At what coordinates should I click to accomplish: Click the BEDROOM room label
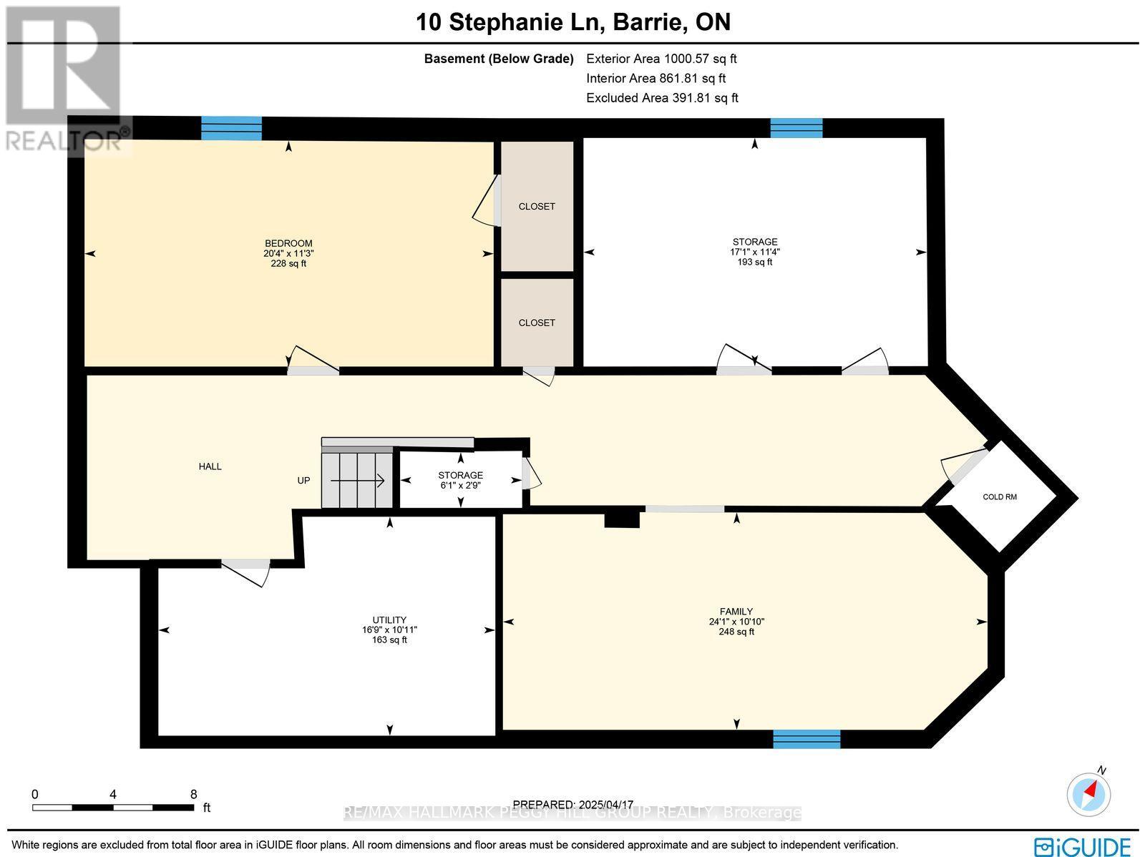[288, 243]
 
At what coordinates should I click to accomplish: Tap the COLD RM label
[999, 497]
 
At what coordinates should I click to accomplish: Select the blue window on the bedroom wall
[231, 128]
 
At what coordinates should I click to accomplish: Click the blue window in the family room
[807, 739]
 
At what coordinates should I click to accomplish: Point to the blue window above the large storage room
[796, 128]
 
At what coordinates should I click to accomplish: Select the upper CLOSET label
[537, 207]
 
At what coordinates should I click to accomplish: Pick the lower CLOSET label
[537, 323]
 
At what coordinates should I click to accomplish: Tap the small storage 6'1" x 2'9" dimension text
[461, 485]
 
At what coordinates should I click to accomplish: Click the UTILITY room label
[389, 620]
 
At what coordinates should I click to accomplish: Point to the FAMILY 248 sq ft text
[736, 632]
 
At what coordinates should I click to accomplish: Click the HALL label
[210, 466]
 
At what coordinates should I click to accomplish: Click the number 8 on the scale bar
[193, 794]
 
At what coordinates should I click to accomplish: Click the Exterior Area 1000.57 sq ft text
[661, 59]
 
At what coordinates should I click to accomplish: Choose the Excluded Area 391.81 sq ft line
[662, 98]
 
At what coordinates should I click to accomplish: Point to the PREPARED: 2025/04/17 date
[573, 805]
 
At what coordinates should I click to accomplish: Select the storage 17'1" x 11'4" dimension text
[754, 252]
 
